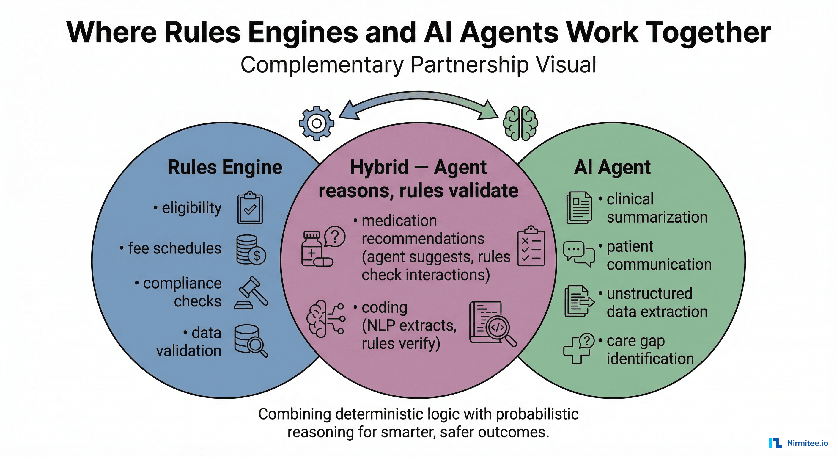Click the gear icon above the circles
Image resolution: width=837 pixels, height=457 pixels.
tap(317, 123)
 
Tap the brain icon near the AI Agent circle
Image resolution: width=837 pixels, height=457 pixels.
tap(520, 123)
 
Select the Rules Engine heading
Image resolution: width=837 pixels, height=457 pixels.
tap(225, 167)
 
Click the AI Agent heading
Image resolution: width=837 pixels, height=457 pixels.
tap(612, 167)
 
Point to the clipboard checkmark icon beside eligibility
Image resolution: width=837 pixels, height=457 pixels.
tap(250, 208)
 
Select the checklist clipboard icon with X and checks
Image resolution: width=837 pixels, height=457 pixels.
tap(531, 246)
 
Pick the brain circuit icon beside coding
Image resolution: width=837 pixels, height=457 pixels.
tap(325, 318)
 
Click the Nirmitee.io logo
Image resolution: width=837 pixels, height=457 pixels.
tap(798, 443)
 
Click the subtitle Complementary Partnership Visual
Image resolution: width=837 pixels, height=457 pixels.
tap(418, 65)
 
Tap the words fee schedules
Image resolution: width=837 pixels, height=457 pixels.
tap(174, 248)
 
